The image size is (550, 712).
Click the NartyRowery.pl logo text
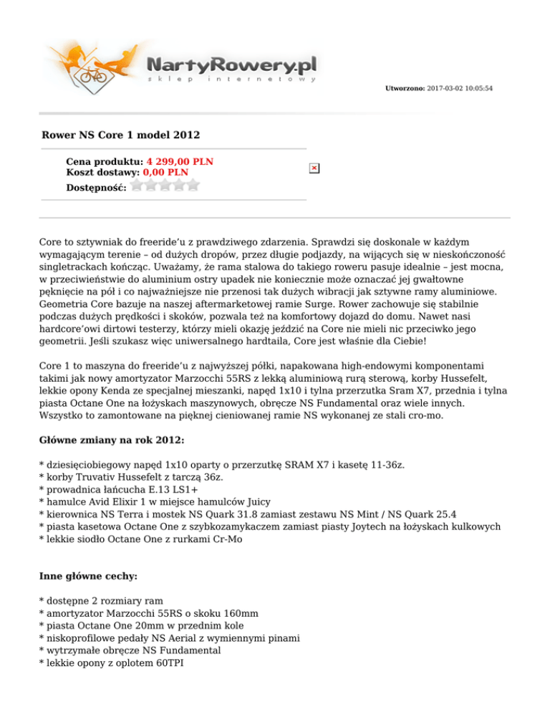pos(231,64)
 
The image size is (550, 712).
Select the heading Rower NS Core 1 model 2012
pos(121,135)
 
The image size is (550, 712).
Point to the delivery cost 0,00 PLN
pos(165,172)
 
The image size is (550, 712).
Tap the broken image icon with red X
pos(314,168)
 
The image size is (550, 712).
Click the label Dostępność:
pos(96,187)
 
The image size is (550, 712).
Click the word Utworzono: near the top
pos(405,88)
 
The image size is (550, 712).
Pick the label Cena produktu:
pos(105,162)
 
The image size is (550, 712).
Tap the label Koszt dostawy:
pos(103,172)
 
